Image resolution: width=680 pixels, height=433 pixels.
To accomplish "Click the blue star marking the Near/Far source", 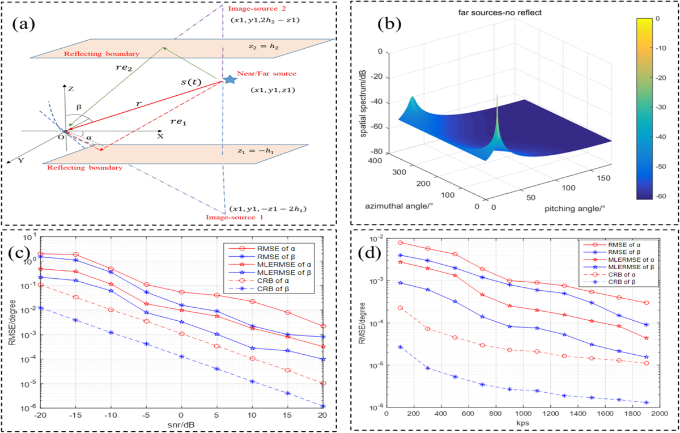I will (229, 79).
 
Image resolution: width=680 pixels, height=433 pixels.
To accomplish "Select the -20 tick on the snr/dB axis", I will (40, 417).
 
